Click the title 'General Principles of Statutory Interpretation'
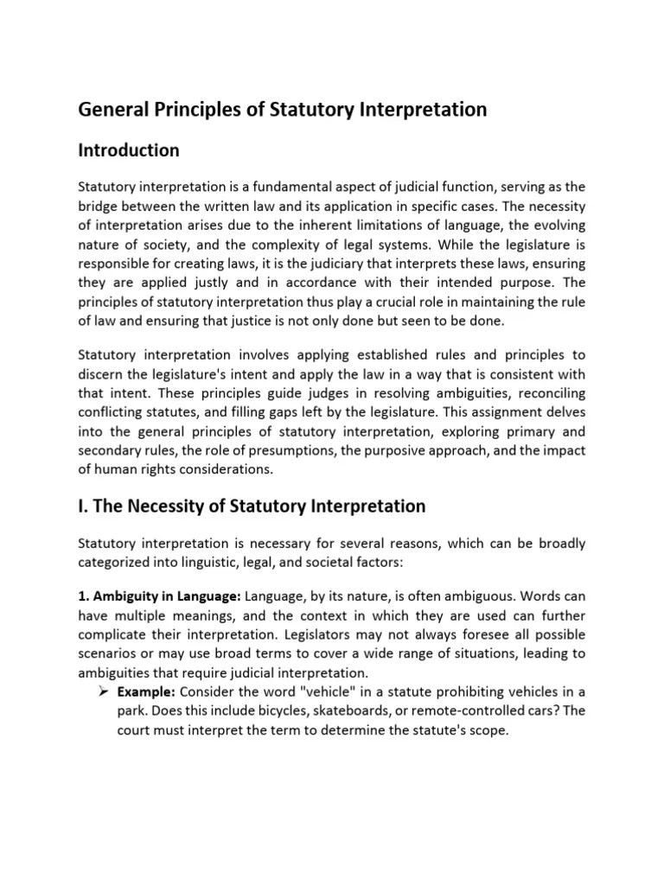click(283, 110)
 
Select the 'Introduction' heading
click(129, 150)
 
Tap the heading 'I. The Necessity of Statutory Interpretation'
click(252, 506)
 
